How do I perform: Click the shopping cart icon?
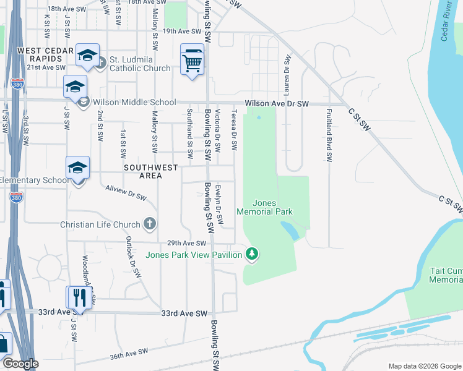click(192, 61)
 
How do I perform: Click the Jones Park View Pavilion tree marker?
click(251, 254)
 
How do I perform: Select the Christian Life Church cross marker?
click(149, 223)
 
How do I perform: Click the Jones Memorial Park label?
click(272, 207)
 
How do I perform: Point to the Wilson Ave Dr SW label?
click(276, 104)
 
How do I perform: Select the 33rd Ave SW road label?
click(183, 314)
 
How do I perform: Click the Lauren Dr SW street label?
click(287, 75)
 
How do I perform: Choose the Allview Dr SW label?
click(126, 193)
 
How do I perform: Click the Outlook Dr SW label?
click(133, 257)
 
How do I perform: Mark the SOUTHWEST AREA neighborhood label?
click(151, 171)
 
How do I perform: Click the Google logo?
click(20, 364)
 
